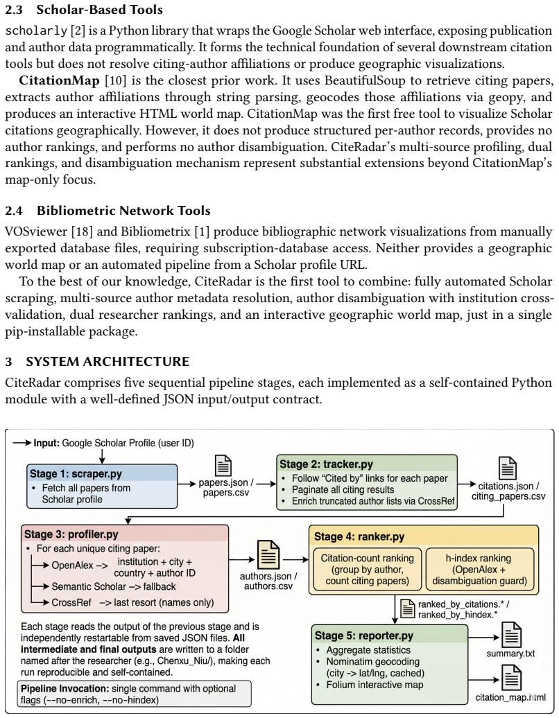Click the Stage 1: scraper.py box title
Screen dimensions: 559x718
pos(76,473)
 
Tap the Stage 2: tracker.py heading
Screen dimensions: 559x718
pos(326,464)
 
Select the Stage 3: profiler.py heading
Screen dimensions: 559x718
pos(71,534)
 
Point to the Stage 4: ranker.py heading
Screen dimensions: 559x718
pos(359,536)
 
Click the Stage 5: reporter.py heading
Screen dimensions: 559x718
pos(364,636)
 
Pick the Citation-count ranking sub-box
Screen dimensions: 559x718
pos(367,570)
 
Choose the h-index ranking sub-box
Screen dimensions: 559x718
pos(480,570)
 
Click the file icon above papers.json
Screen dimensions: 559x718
pos(223,466)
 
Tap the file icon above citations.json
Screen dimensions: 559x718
pos(508,468)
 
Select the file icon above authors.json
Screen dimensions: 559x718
pos(268,555)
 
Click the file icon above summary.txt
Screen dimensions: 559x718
pos(511,634)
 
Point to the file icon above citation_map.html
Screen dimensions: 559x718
pos(511,678)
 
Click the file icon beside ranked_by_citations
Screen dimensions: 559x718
pos(407,608)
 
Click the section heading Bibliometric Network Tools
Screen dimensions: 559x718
pos(123,211)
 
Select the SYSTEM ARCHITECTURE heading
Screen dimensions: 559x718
pos(108,362)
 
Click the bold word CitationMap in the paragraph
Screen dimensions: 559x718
pos(59,80)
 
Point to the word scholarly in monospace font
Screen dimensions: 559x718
pos(36,31)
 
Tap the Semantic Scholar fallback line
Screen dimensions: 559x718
pos(114,586)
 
